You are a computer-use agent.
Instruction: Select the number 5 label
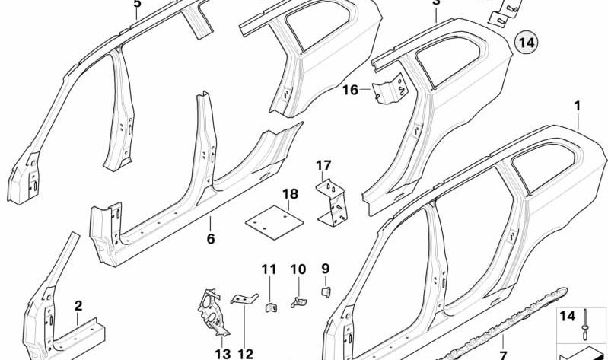click(137, 4)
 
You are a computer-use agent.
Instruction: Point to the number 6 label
click(211, 238)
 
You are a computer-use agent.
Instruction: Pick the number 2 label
click(78, 307)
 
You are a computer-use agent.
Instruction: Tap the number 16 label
click(349, 91)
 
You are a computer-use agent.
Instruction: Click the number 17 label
click(323, 165)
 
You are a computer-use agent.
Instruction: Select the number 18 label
click(290, 196)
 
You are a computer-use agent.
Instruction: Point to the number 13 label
click(222, 353)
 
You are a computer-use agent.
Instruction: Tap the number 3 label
click(435, 3)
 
